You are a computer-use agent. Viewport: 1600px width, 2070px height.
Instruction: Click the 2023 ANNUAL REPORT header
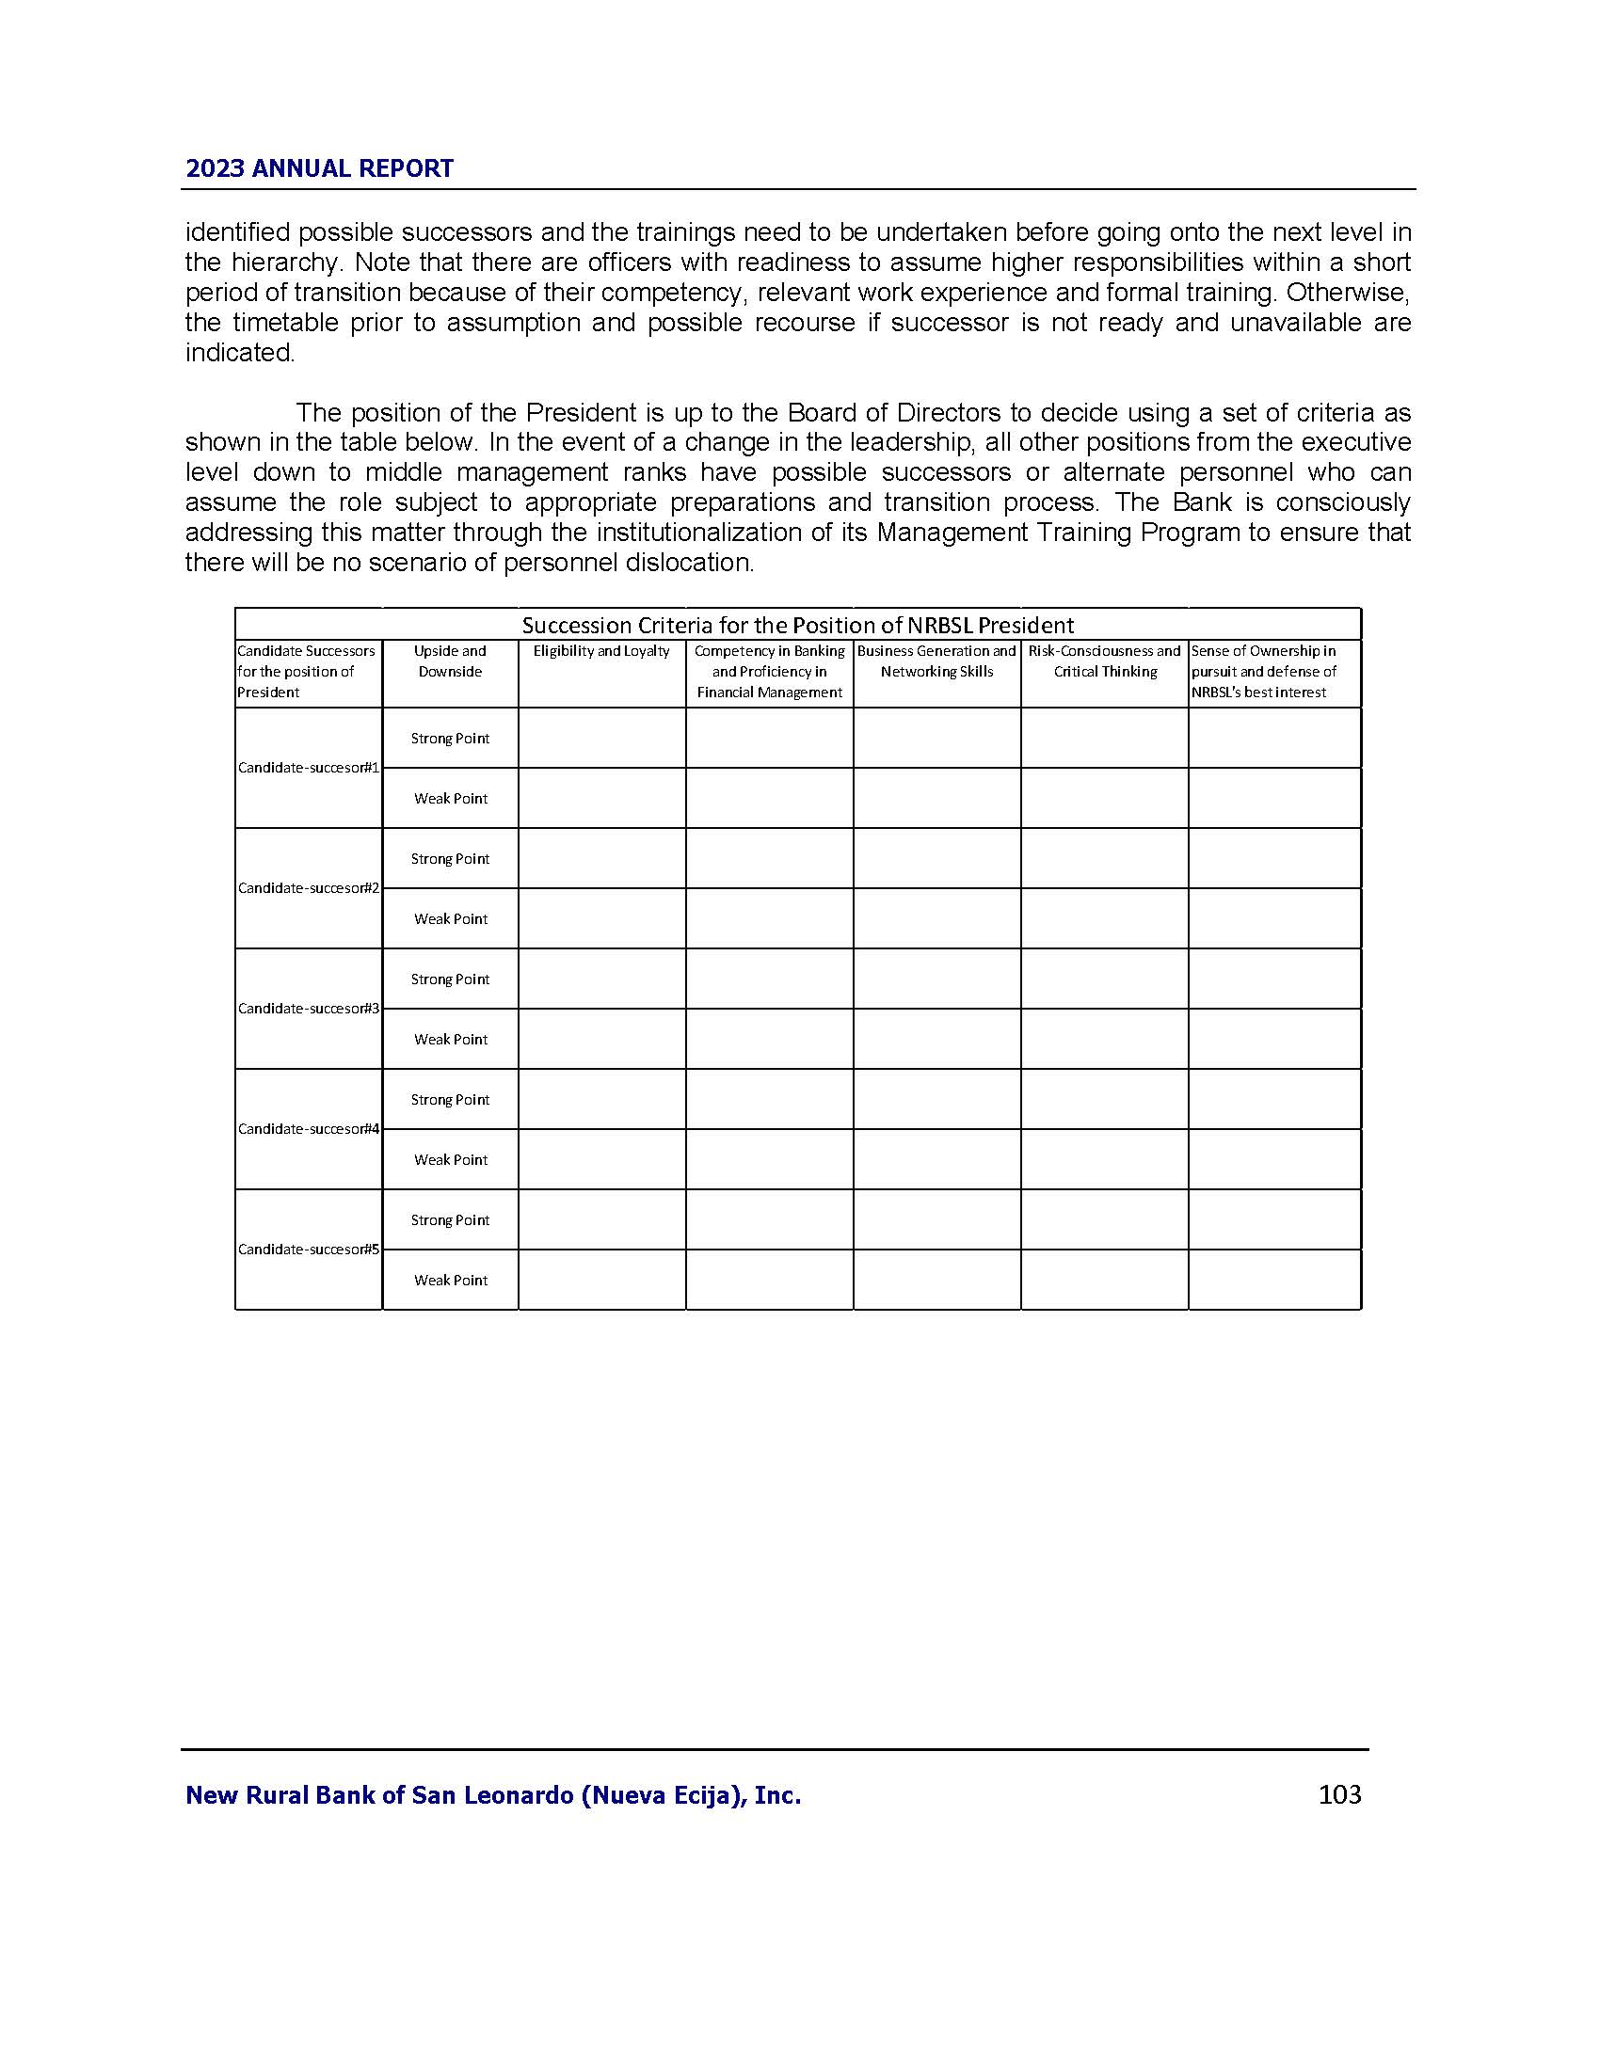319,168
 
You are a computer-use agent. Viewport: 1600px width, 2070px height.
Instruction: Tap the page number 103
1339,1793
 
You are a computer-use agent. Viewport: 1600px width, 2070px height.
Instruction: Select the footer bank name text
493,1794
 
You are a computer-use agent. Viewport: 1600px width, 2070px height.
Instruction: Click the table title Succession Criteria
797,625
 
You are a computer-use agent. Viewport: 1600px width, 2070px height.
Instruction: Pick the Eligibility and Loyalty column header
601,651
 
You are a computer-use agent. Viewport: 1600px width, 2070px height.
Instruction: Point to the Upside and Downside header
450,661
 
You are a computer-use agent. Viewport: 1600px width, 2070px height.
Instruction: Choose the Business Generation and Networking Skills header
936,661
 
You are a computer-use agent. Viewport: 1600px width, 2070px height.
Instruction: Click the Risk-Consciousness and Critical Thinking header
1104,661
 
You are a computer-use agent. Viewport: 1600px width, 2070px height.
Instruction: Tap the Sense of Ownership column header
1263,672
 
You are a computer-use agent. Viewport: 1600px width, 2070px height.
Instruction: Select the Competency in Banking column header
769,672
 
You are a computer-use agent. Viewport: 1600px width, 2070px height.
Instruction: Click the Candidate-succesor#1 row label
308,768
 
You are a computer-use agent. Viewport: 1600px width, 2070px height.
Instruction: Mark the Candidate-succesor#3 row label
308,1009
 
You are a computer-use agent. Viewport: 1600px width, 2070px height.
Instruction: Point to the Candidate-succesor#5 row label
308,1250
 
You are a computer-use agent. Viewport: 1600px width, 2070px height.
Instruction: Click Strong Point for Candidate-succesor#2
450,859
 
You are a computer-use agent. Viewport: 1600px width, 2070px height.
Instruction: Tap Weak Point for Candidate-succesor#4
450,1159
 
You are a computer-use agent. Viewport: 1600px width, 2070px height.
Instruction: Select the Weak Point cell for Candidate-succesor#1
450,798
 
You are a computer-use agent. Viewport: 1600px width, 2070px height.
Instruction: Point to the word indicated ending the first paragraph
240,353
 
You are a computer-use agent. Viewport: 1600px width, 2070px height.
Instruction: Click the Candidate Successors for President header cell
306,672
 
